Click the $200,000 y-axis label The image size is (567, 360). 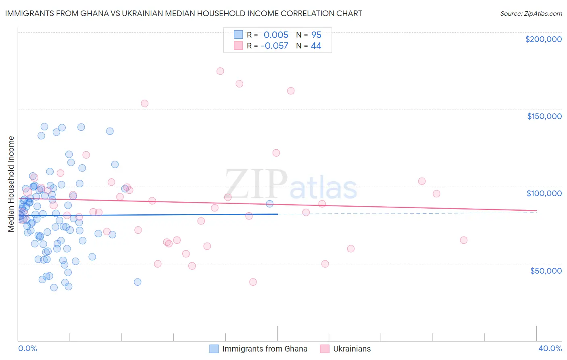pyautogui.click(x=543, y=39)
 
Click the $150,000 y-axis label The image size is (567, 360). pyautogui.click(x=544, y=116)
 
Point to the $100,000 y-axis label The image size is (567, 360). pyautogui.click(x=544, y=193)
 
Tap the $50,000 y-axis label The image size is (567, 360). pyautogui.click(x=546, y=270)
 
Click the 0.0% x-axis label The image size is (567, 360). pyautogui.click(x=27, y=348)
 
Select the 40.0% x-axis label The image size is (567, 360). pyautogui.click(x=550, y=348)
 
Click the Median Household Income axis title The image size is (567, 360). pyautogui.click(x=11, y=184)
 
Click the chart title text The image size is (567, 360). pyautogui.click(x=183, y=13)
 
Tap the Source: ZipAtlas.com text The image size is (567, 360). pyautogui.click(x=531, y=13)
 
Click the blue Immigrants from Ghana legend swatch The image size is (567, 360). pyautogui.click(x=214, y=349)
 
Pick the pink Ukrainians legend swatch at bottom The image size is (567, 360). pyautogui.click(x=325, y=349)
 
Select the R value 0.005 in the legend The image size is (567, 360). pyautogui.click(x=276, y=35)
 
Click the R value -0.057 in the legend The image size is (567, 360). pyautogui.click(x=274, y=46)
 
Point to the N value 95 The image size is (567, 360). pyautogui.click(x=316, y=35)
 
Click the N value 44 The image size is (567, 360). pyautogui.click(x=316, y=46)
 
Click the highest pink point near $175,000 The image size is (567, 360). pyautogui.click(x=220, y=71)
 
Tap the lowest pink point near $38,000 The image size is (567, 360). pyautogui.click(x=253, y=282)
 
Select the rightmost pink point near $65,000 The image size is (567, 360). pyautogui.click(x=464, y=240)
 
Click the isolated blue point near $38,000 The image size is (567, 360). pyautogui.click(x=138, y=282)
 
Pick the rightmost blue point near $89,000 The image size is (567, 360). pyautogui.click(x=269, y=204)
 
